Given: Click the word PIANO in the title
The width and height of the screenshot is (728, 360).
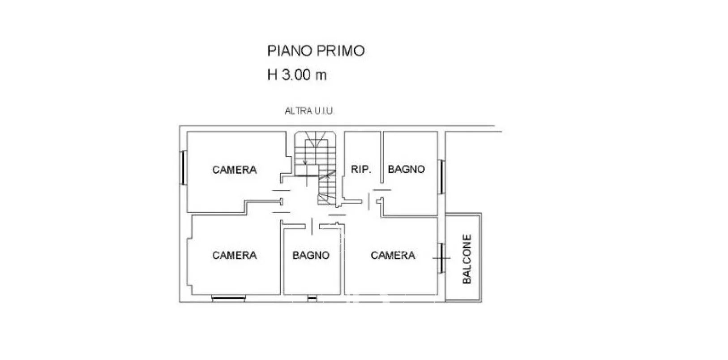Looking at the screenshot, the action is [x=290, y=51].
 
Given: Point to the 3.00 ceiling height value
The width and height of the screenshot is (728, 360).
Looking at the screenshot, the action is [x=296, y=75].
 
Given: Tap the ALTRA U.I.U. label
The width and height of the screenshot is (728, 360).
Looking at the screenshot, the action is [x=309, y=111].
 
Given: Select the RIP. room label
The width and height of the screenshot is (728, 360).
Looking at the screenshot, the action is [x=361, y=169].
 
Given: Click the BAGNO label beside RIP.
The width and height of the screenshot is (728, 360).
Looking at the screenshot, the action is [x=406, y=169].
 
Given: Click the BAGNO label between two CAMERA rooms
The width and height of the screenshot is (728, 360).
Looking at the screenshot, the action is [x=311, y=255].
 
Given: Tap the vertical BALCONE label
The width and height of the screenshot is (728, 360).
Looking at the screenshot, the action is [x=467, y=259].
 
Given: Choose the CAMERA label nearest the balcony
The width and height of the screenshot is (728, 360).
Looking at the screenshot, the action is [x=393, y=255].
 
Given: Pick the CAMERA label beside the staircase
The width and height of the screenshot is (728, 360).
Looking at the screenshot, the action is [x=234, y=170].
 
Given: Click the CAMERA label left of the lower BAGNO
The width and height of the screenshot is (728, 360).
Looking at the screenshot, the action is [x=234, y=255].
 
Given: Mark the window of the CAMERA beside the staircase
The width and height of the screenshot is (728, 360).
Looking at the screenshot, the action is [x=183, y=167].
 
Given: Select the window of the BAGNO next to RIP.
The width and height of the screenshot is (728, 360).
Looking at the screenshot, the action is [x=441, y=177].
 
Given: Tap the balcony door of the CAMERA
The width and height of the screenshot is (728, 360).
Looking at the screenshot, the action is [x=441, y=258].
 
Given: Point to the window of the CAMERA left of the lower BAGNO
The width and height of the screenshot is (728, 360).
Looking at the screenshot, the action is [x=228, y=298].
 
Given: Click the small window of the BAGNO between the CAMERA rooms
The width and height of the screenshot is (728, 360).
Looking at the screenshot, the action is [x=312, y=298].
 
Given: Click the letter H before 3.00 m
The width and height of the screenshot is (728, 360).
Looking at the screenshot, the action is [x=272, y=75].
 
